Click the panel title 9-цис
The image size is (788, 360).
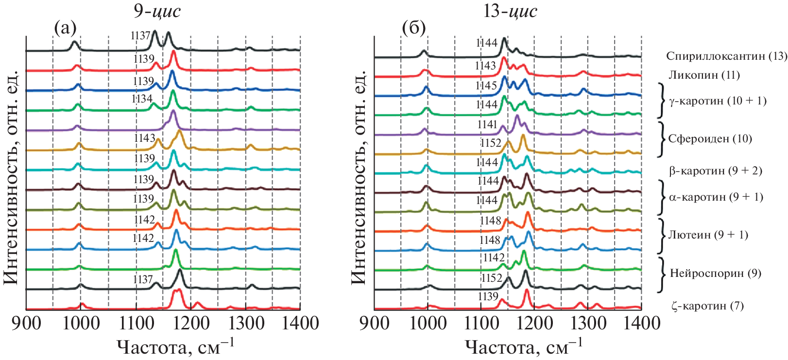pos(157,11)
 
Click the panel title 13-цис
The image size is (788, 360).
pos(510,11)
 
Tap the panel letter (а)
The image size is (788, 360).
pos(66,28)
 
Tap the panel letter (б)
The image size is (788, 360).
pos(414,28)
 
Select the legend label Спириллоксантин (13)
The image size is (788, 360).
pos(726,56)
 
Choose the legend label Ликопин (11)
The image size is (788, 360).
pos(704,75)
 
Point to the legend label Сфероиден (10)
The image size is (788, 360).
pos(710,139)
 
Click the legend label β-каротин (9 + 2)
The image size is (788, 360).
pos(715,171)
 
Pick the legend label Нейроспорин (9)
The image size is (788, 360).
pos(715,273)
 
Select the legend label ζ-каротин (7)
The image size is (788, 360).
pos(707,306)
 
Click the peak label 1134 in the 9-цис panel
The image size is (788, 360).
pos(142,99)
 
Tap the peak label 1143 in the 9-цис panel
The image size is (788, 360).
pos(144,138)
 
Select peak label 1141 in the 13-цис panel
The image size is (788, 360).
pos(487,124)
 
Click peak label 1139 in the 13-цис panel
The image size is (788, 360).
pos(488,296)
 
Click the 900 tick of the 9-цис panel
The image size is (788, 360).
pos(26,323)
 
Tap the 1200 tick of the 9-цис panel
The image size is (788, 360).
pos(190,323)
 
